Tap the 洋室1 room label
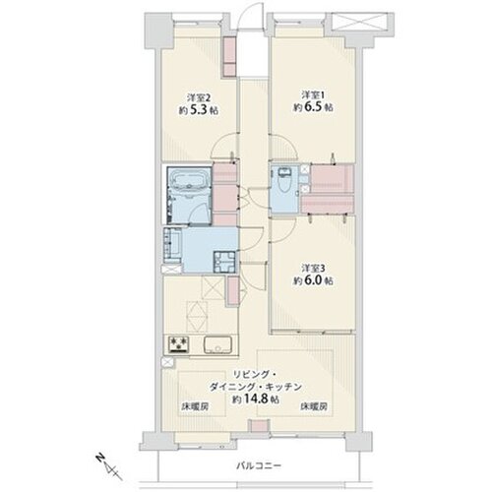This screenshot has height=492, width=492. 311,94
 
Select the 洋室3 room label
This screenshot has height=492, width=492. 312,267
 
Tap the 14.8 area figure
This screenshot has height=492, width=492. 259,401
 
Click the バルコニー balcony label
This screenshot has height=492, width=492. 260,462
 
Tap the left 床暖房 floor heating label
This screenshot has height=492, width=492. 194,405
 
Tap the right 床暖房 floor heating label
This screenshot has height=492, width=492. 315,405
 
